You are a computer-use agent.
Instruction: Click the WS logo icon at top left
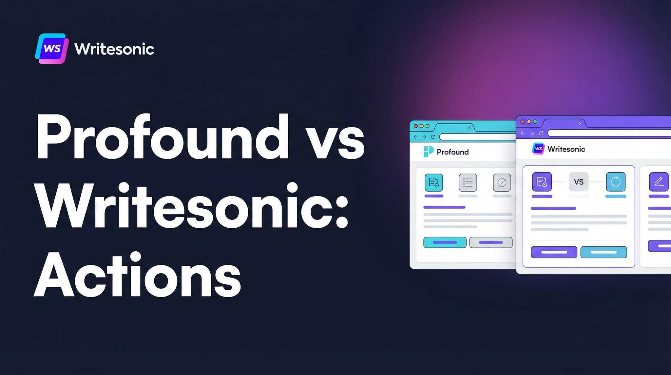click(52, 49)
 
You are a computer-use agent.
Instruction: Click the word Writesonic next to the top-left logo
click(114, 49)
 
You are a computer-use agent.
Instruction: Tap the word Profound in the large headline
click(163, 137)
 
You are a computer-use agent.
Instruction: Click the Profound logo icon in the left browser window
click(428, 152)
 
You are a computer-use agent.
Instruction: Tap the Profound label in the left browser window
click(452, 152)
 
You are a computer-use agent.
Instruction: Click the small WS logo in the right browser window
click(538, 149)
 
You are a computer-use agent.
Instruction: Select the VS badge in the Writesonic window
click(579, 182)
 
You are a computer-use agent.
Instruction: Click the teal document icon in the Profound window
click(434, 182)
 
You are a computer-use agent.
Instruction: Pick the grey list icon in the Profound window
click(468, 182)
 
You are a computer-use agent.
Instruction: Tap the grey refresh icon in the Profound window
click(502, 182)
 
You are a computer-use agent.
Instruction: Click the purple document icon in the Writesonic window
click(542, 182)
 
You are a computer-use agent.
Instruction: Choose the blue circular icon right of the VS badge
click(616, 182)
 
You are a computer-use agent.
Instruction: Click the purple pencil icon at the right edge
click(659, 182)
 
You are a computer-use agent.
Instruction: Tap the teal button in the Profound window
click(445, 242)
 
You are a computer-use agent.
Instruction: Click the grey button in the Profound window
click(491, 242)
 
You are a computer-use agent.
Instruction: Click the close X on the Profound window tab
click(470, 128)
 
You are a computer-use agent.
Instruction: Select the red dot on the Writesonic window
click(523, 122)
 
